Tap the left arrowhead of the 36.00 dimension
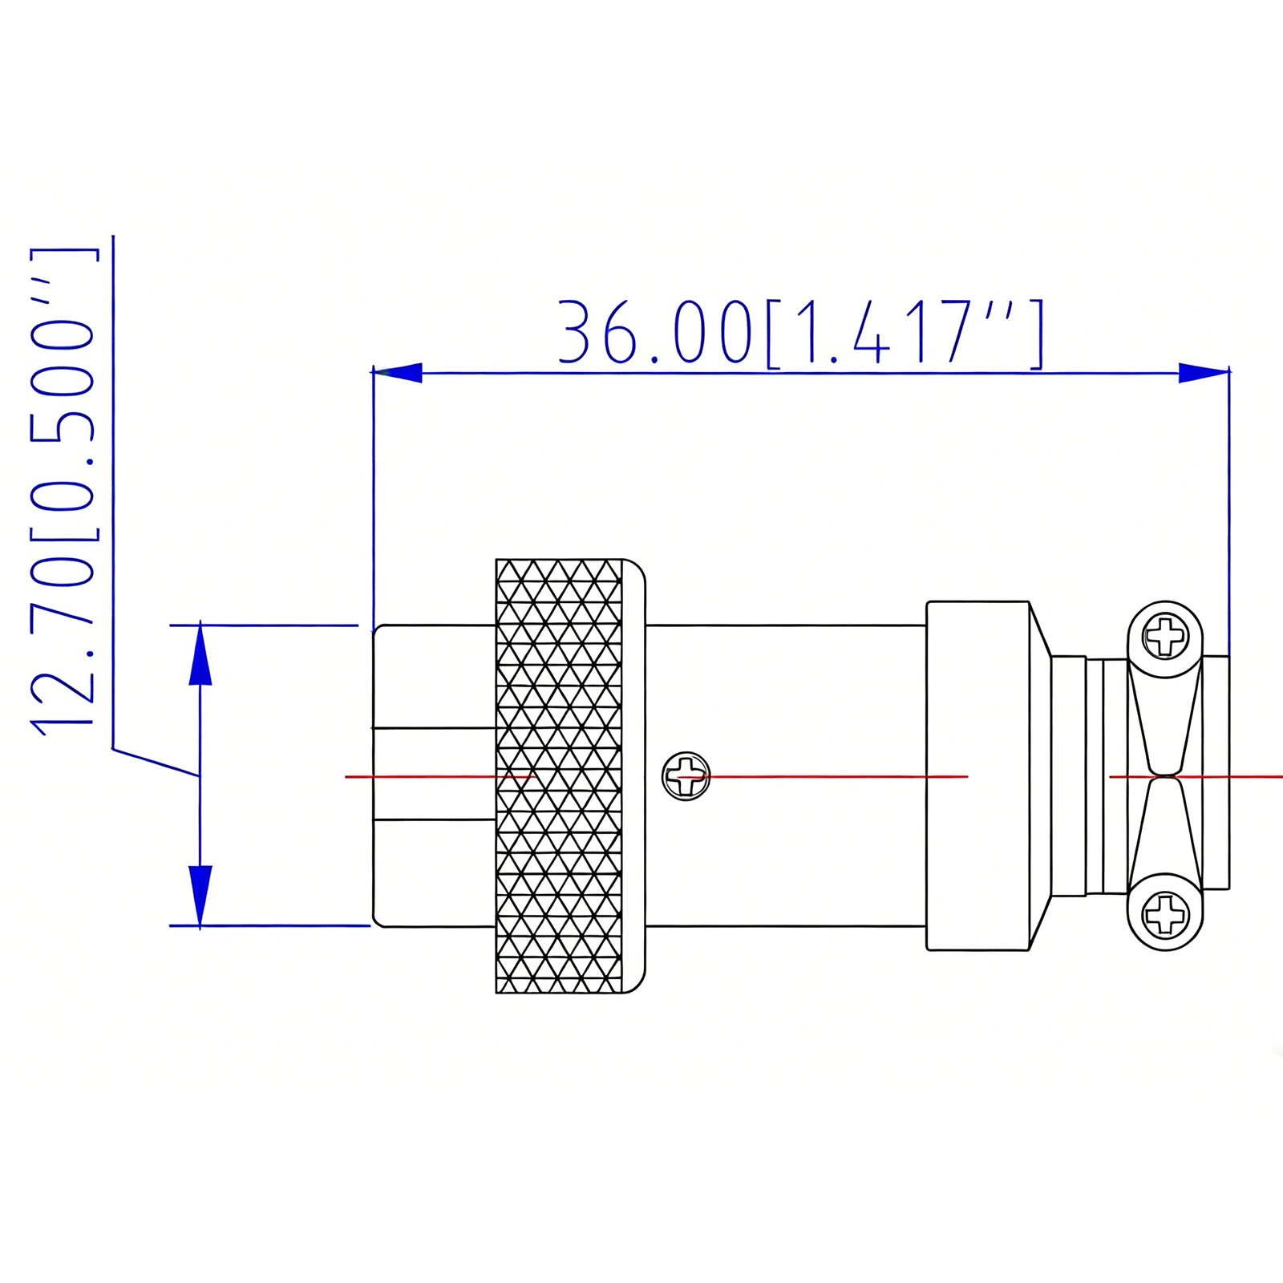tap(398, 372)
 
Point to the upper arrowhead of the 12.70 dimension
tap(200, 654)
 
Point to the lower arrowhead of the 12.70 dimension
tap(200, 896)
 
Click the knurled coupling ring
tap(559, 776)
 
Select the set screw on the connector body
tap(686, 776)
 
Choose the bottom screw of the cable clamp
tap(1165, 913)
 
